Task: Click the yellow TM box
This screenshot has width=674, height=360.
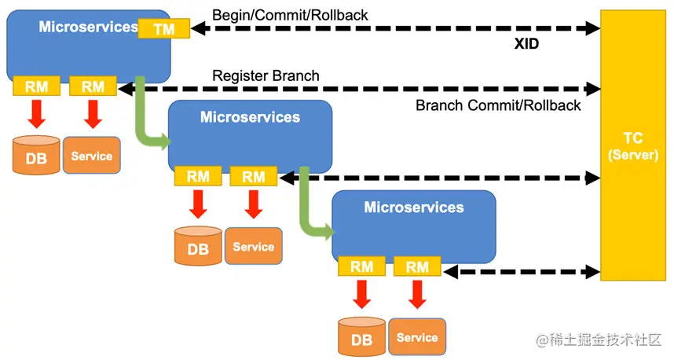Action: click(163, 28)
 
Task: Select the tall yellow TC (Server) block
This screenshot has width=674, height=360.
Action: click(632, 145)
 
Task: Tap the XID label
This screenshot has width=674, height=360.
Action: click(526, 45)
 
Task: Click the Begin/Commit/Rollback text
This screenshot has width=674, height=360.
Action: click(290, 14)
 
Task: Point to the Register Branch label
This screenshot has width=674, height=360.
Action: click(266, 76)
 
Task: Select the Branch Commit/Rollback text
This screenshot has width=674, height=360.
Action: click(498, 105)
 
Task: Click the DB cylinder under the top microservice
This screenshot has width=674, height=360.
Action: click(36, 155)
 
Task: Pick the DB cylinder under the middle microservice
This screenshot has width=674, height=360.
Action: click(197, 246)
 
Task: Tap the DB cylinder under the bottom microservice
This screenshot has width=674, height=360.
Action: click(361, 336)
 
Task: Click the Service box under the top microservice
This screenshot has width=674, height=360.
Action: click(91, 156)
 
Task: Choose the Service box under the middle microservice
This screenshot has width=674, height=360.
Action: click(253, 246)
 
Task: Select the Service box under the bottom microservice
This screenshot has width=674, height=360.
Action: click(416, 337)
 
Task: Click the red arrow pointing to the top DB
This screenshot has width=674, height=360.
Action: click(36, 114)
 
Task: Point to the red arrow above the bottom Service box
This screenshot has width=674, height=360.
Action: click(417, 295)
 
